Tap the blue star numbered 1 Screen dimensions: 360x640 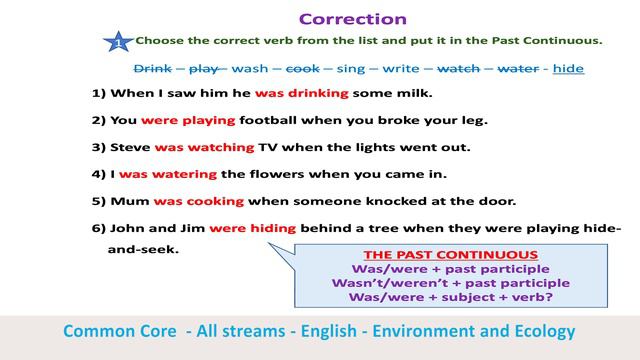(x=118, y=43)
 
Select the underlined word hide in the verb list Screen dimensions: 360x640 (x=568, y=69)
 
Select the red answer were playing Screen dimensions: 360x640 (x=188, y=120)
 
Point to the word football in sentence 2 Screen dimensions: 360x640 (x=273, y=120)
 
